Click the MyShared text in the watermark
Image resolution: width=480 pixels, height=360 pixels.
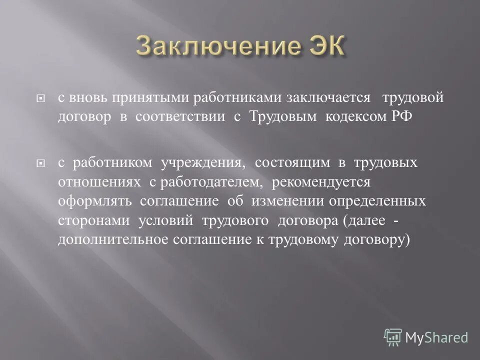pyautogui.click(x=436, y=337)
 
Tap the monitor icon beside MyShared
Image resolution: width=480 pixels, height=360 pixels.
pyautogui.click(x=393, y=336)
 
